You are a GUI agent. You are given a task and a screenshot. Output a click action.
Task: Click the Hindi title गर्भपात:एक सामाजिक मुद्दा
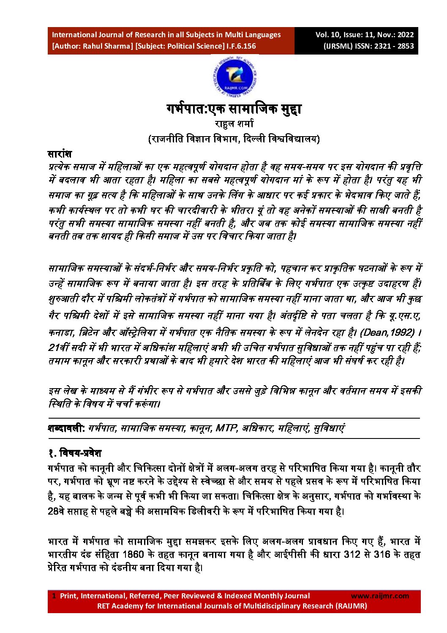tap(234, 109)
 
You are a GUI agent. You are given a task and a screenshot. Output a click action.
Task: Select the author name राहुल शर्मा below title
tap(234, 124)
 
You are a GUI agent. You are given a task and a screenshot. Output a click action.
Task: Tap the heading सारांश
tap(60, 153)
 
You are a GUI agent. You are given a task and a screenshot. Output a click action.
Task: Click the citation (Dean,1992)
tap(387, 332)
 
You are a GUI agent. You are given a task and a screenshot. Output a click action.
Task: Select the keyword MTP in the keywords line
tap(226, 428)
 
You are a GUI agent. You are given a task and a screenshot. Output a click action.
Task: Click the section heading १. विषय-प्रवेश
tap(75, 453)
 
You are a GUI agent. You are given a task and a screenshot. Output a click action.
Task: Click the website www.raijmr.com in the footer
tap(380, 596)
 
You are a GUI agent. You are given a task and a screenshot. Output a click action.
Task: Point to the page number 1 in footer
tap(54, 596)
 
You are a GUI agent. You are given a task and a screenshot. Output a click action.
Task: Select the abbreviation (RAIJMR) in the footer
tap(352, 606)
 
